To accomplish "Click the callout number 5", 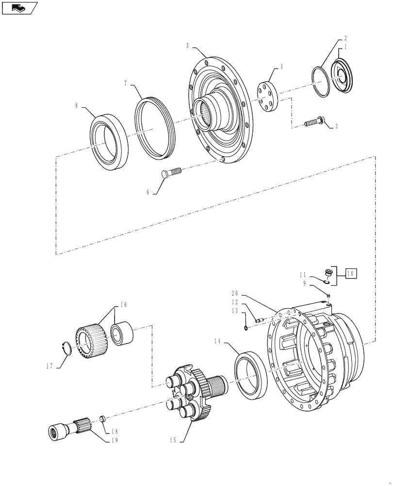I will (187, 46).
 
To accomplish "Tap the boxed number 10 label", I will (351, 274).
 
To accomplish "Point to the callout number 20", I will (235, 293).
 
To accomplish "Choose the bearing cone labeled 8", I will (109, 141).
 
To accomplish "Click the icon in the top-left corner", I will (19, 8).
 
